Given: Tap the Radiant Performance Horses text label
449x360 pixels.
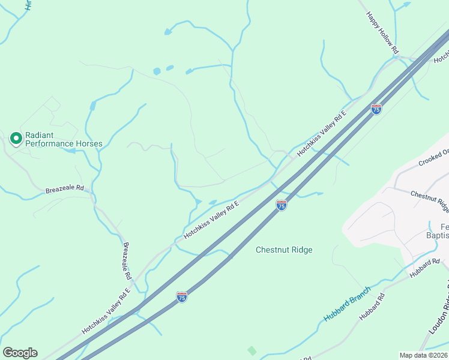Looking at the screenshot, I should tap(63, 139).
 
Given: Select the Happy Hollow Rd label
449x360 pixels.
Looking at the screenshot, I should tap(382, 34).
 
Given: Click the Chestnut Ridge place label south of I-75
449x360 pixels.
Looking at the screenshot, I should tap(284, 250).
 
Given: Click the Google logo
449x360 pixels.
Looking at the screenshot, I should tap(20, 353).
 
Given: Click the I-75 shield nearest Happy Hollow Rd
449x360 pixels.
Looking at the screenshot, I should tap(376, 109).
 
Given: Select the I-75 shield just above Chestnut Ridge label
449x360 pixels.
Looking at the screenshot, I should tap(282, 205).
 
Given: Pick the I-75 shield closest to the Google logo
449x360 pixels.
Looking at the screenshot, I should tap(181, 296).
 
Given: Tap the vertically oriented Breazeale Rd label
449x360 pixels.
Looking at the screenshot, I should tap(127, 261).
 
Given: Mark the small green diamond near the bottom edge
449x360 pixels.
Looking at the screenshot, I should tap(252, 350).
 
